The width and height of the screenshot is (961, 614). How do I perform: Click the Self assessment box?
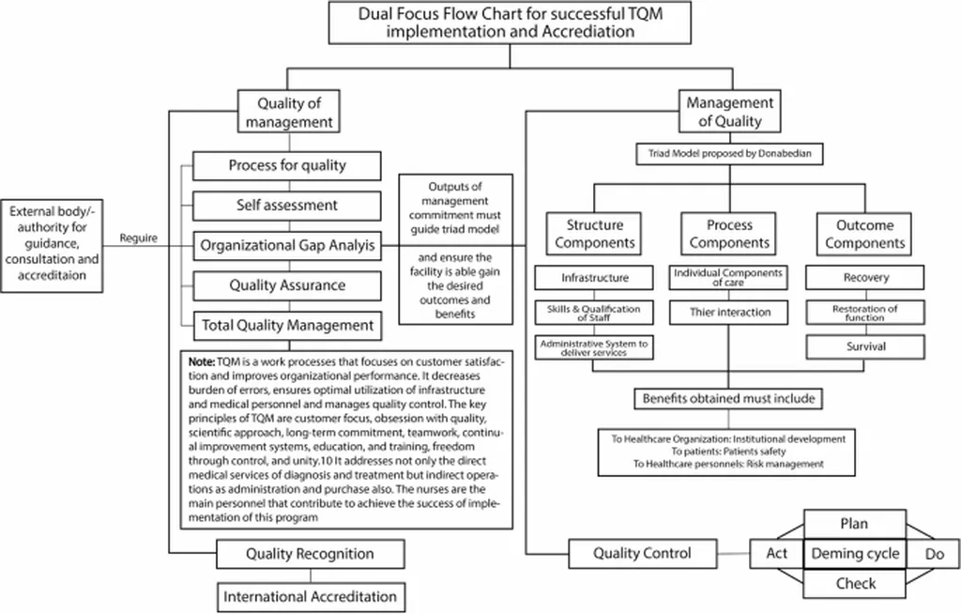[287, 206]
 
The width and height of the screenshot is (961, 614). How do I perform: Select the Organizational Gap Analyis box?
[287, 246]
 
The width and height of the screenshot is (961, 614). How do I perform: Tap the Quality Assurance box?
[287, 285]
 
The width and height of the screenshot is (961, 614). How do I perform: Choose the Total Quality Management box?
[287, 326]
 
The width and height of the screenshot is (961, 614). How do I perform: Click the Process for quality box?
[287, 165]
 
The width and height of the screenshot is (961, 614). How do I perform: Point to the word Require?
[139, 238]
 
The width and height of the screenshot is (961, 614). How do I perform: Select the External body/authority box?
[52, 245]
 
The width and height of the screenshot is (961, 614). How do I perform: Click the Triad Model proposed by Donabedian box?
[729, 154]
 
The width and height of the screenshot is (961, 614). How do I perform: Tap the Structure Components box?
[594, 234]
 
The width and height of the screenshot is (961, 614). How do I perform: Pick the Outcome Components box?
[864, 234]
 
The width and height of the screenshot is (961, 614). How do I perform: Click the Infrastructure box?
[594, 278]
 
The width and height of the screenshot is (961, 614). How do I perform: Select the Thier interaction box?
[728, 313]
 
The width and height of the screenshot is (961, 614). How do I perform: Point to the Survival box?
[865, 346]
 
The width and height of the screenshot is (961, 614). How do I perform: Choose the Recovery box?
[864, 278]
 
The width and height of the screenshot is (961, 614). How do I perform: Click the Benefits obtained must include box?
[728, 399]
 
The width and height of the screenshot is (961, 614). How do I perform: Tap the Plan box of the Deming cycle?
[854, 524]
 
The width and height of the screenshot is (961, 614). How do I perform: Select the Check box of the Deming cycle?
[854, 583]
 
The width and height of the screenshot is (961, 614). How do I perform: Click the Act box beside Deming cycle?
[776, 554]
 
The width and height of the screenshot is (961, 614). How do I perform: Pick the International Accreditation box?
[311, 597]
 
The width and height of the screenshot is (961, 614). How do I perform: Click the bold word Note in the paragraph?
[202, 361]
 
